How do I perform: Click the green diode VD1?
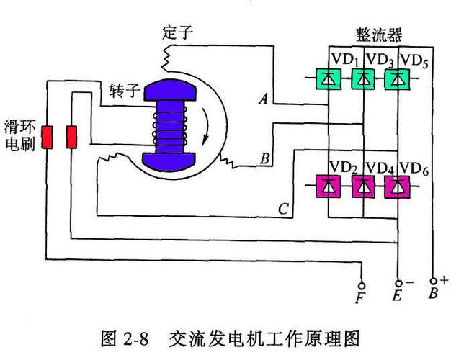[x=329, y=78]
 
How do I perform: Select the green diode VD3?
[x=363, y=78]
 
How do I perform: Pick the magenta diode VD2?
[x=329, y=187]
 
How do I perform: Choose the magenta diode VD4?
[x=363, y=187]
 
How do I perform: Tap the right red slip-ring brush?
[x=72, y=136]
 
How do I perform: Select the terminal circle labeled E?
[x=398, y=284]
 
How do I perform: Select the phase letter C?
[x=283, y=210]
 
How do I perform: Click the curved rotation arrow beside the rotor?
[x=207, y=122]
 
